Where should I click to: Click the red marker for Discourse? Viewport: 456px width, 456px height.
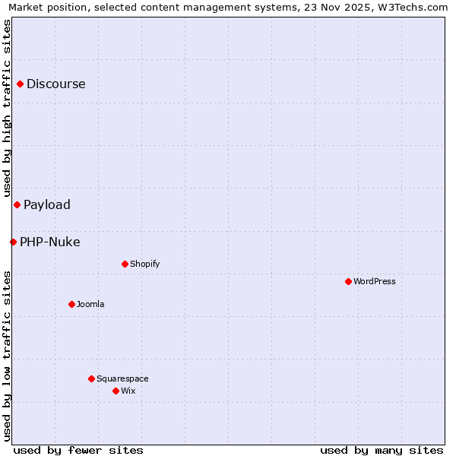point(21,84)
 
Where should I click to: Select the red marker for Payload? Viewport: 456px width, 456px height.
point(17,205)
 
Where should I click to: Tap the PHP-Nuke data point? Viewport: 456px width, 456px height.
point(14,242)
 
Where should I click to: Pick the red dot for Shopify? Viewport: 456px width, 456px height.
point(125,264)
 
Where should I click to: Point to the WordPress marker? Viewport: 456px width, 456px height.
point(348,282)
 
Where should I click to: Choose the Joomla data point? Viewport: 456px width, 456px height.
point(71,305)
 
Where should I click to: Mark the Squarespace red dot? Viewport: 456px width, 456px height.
point(91,378)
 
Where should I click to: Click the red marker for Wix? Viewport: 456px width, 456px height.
point(116,391)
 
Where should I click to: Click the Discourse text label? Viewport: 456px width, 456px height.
point(56,84)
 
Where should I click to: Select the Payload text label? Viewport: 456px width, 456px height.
point(47,205)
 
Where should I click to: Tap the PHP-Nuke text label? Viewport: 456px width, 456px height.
point(50,242)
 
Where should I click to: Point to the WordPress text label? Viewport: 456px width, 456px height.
point(375,282)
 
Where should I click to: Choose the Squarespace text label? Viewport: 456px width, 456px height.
point(122,378)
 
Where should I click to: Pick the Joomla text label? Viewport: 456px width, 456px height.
point(90,305)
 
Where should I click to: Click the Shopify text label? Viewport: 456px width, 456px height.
point(144,264)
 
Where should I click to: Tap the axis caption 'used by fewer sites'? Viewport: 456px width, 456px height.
point(78,451)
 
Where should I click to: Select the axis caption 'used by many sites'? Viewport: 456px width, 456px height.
point(382,451)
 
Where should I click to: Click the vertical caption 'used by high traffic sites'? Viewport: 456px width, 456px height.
point(7,108)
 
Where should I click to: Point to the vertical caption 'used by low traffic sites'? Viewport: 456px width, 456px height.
point(7,356)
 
